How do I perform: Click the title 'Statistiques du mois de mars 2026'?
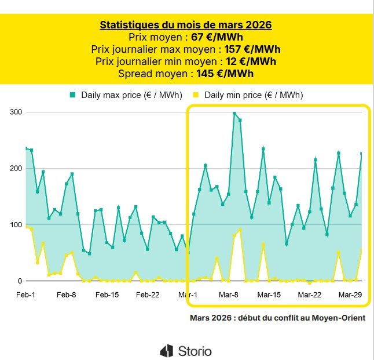pos(186,25)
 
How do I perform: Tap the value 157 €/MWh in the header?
pos(255,49)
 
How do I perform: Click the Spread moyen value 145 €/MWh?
pos(226,74)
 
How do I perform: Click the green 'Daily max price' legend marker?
pos(73,94)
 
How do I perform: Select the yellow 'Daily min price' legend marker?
pos(196,94)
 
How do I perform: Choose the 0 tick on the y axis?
pos(19,281)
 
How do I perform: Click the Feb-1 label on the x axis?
pos(25,295)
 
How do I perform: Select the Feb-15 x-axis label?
pos(107,295)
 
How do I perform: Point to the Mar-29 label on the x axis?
pos(350,295)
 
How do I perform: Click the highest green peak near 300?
pos(234,114)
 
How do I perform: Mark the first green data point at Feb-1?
pos(26,148)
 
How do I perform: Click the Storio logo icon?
pos(167,351)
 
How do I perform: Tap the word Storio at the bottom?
pos(195,351)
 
